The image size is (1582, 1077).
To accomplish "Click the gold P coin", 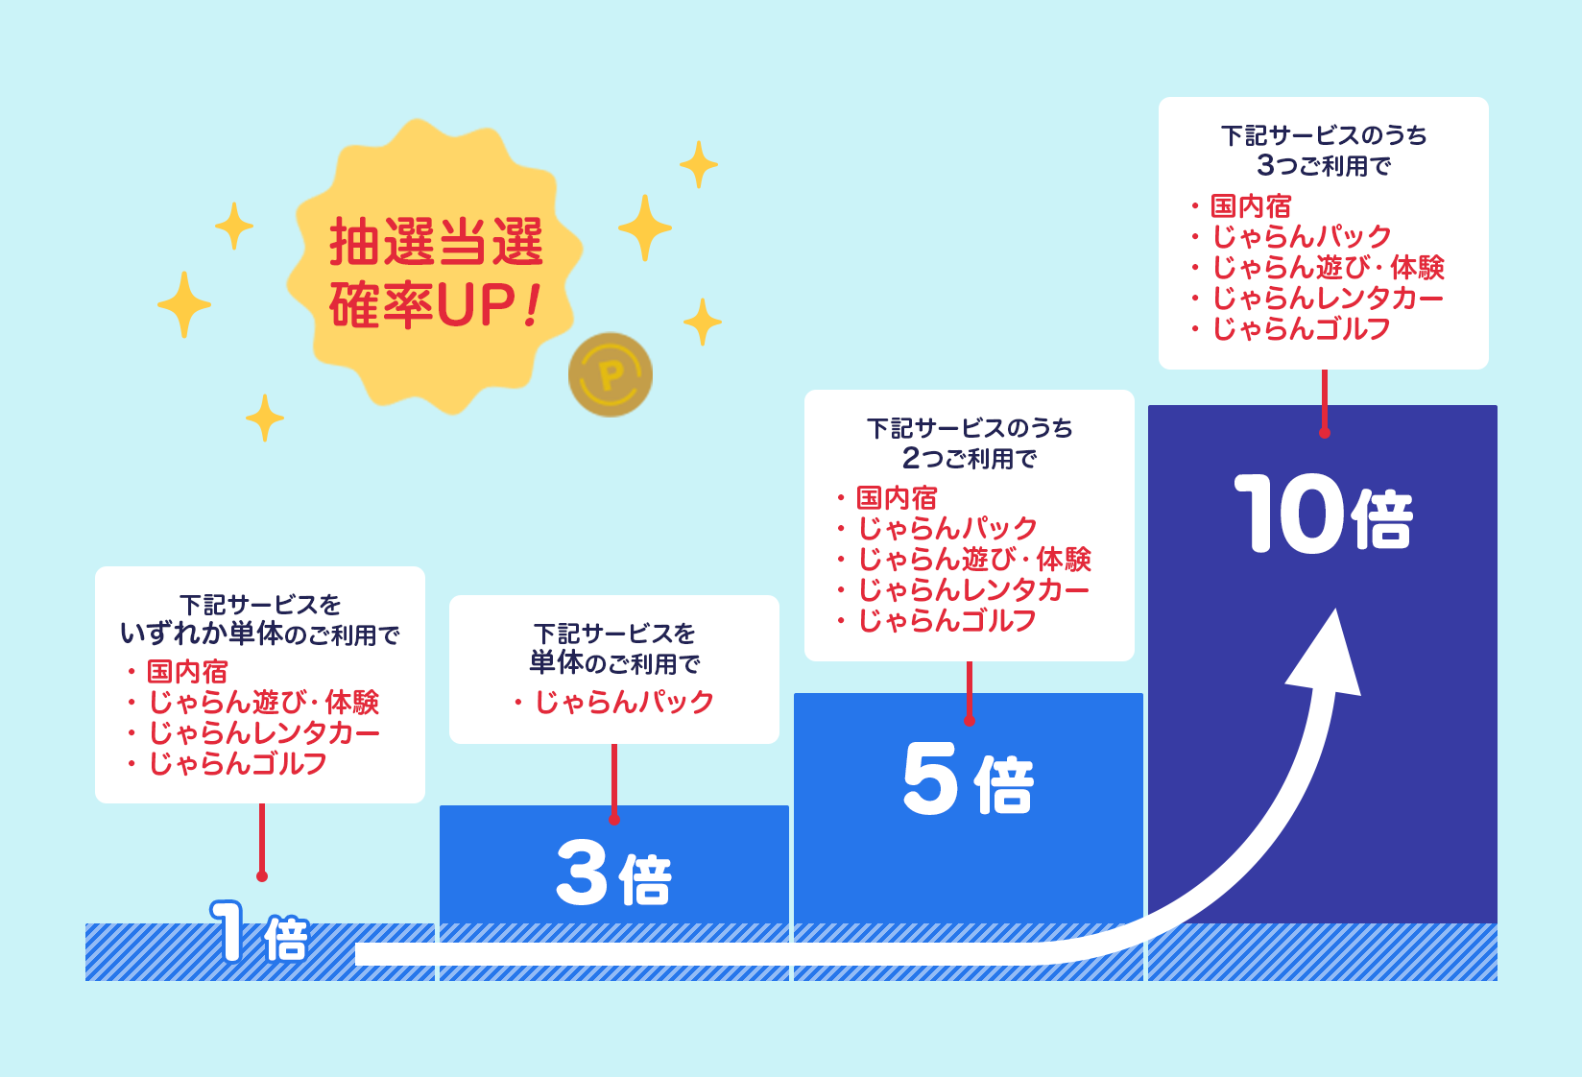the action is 611,374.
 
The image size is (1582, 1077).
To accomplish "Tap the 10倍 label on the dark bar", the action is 1323,514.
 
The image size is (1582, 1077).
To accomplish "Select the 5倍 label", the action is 969,778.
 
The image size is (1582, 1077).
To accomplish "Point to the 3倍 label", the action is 613,874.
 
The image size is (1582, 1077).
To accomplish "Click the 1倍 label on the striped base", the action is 259,931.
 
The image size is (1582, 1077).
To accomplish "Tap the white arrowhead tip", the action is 1337,609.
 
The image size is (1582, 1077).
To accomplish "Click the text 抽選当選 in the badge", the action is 436,242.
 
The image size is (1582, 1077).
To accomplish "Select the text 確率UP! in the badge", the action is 435,304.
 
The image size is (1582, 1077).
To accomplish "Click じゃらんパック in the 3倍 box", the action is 624,702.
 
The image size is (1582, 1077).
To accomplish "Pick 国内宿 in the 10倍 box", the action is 1251,206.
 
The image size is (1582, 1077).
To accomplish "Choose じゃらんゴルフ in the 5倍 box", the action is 947,621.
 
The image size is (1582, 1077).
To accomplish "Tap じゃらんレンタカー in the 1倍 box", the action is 264,733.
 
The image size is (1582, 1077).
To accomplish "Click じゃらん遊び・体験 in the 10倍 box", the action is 1329,268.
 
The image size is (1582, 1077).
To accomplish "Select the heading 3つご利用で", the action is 1324,165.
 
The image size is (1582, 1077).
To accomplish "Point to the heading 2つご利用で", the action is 969,458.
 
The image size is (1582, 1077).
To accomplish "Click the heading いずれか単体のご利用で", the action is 260,634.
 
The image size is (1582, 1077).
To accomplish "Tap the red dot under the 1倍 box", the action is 262,876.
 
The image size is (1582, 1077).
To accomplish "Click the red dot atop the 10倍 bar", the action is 1324,433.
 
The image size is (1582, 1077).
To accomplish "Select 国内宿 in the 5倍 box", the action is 897,498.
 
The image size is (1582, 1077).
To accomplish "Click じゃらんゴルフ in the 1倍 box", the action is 237,763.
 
